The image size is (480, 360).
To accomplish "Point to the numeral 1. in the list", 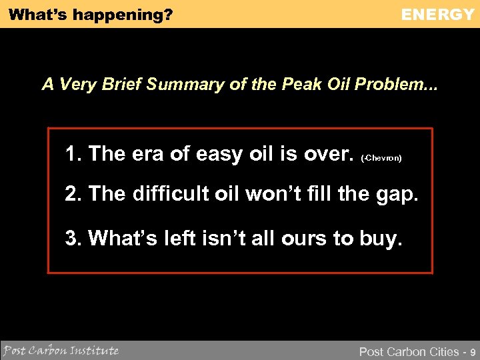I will [x=74, y=154].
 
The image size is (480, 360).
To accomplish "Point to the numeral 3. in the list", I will [x=74, y=237].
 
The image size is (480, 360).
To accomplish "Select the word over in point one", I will [x=327, y=154].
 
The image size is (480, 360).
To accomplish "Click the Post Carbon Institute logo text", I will [x=61, y=350].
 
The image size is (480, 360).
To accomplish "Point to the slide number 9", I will [x=473, y=351].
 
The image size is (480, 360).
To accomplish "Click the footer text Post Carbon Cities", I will [x=409, y=351].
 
